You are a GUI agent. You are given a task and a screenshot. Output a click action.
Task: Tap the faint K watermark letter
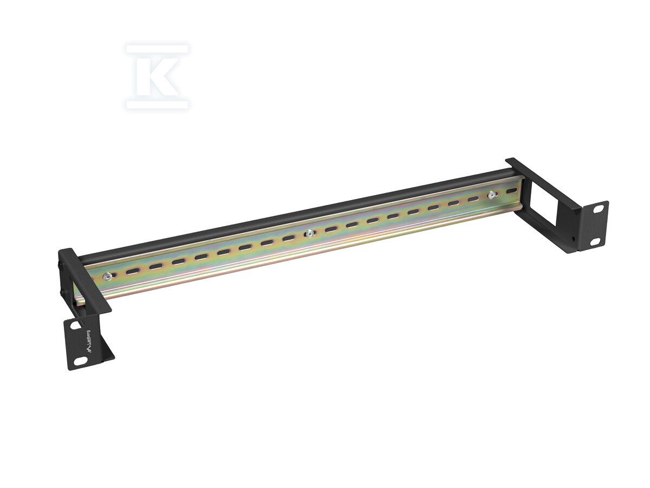point(158,77)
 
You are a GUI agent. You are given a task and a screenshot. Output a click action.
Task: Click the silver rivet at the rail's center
point(309,234)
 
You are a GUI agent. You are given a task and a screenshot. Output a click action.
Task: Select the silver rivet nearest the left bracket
point(107,277)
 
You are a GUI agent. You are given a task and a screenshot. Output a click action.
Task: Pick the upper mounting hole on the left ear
point(75,325)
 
